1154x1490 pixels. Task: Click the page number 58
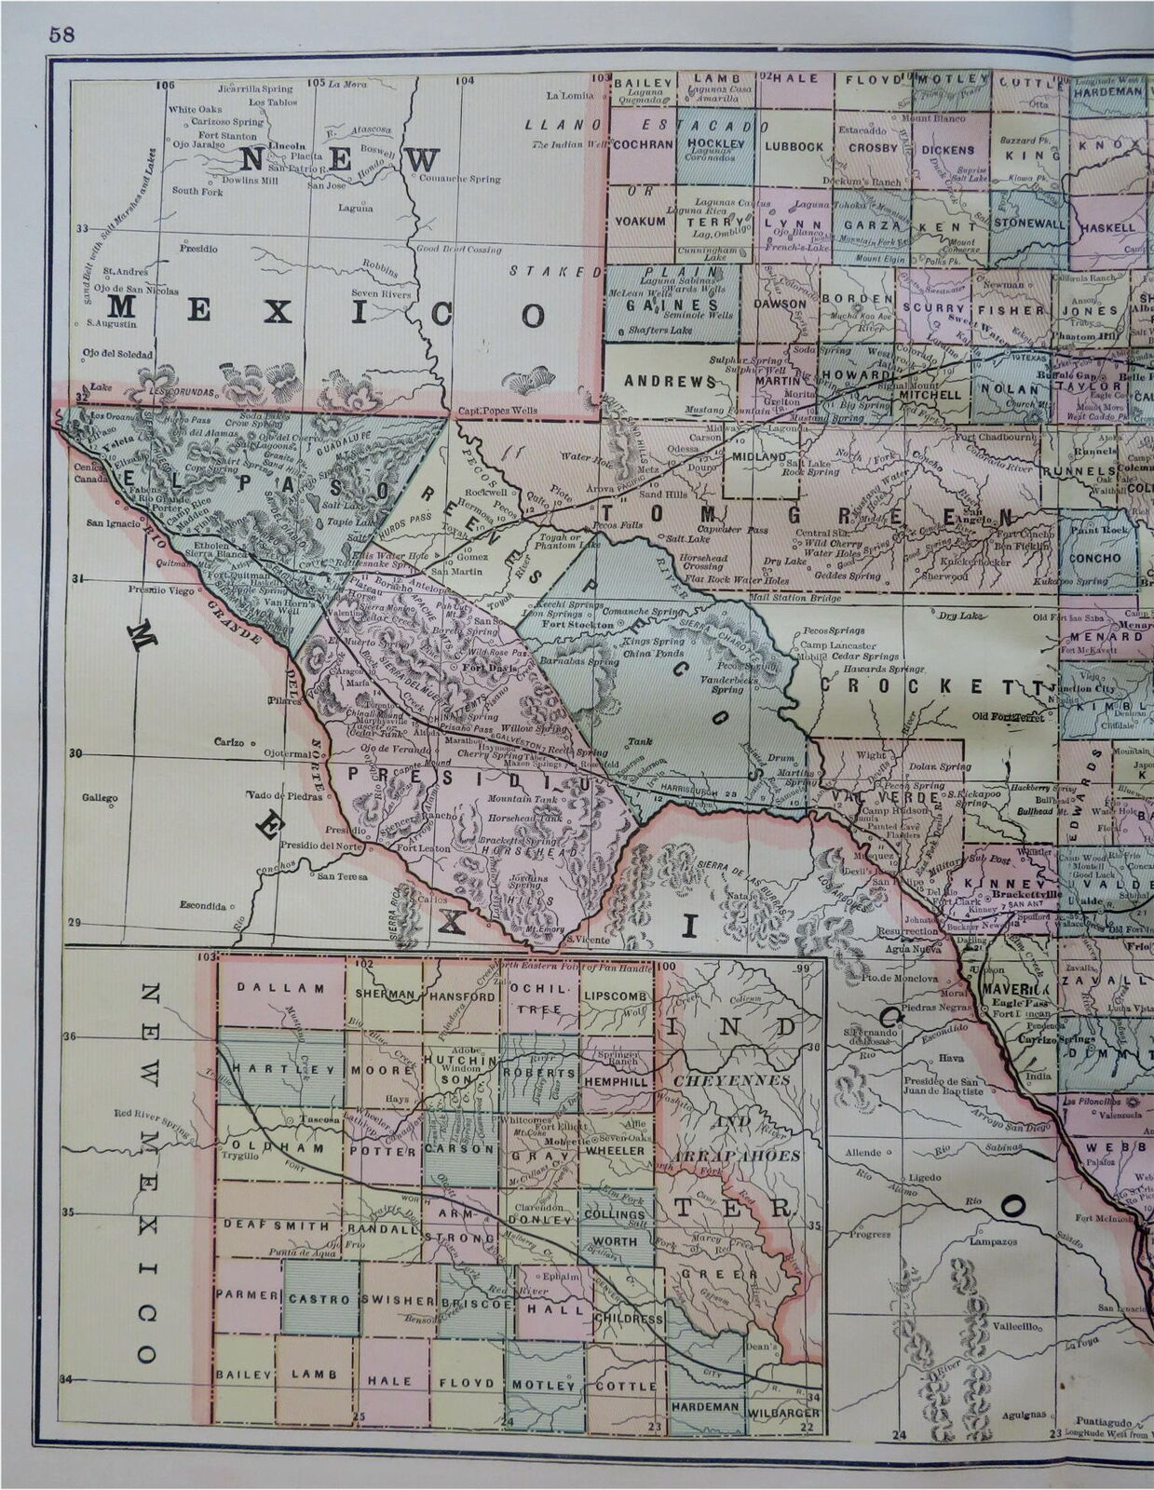(63, 34)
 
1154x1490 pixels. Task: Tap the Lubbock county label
(794, 146)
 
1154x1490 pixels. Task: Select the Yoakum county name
(640, 222)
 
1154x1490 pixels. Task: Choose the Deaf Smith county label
(277, 1226)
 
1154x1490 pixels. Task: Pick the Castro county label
(319, 1298)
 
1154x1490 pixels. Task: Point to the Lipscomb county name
(614, 996)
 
